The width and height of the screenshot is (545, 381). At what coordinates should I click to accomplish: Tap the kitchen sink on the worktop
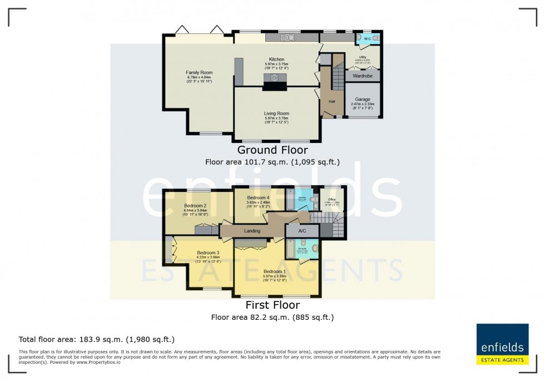click(x=288, y=38)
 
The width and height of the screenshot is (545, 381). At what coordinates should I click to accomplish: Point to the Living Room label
click(x=276, y=113)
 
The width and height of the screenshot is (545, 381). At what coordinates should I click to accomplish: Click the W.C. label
click(x=367, y=38)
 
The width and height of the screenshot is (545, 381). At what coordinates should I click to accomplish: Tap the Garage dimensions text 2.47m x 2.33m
click(x=363, y=103)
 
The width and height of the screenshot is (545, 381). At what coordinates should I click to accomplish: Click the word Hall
click(x=332, y=102)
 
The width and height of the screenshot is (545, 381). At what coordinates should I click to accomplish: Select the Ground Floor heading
click(x=272, y=150)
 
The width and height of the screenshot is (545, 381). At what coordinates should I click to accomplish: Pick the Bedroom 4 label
click(x=258, y=198)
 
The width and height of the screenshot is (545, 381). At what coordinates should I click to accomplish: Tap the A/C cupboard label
click(x=302, y=230)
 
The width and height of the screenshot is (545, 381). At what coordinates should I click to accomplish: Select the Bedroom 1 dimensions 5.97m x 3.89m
click(x=276, y=276)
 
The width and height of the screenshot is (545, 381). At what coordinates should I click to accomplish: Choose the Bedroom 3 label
click(x=208, y=253)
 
